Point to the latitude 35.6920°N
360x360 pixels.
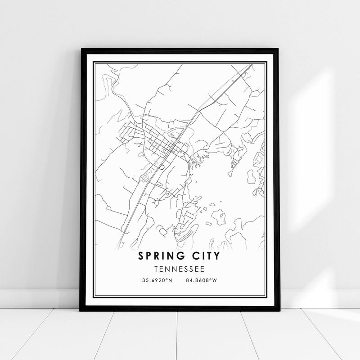click(157, 281)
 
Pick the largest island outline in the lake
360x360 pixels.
click(219, 216)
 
